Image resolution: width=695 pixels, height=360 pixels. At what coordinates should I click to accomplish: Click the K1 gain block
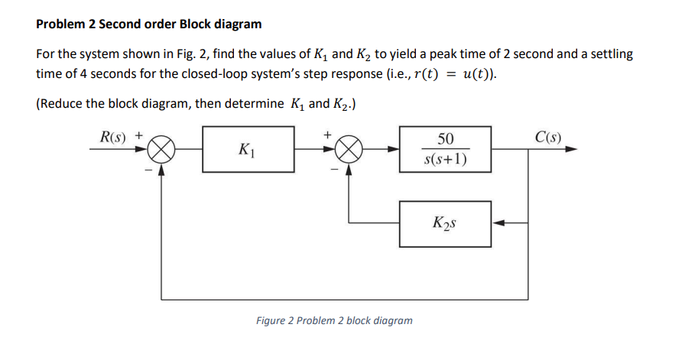[x=248, y=150]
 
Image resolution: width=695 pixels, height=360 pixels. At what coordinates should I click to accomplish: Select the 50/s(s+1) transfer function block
[x=444, y=150]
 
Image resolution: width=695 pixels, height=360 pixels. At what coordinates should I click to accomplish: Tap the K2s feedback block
[x=444, y=223]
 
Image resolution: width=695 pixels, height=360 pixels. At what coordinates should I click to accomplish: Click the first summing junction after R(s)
[x=161, y=150]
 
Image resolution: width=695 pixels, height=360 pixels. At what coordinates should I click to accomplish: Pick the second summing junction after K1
[x=349, y=150]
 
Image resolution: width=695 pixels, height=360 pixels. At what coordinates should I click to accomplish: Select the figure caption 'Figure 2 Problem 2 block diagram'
[x=334, y=320]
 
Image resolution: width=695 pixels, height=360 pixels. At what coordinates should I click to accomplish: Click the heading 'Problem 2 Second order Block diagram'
[x=149, y=24]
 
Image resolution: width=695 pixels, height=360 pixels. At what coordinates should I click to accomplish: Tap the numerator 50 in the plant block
[x=444, y=139]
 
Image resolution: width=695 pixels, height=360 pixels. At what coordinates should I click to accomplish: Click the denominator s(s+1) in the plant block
[x=444, y=160]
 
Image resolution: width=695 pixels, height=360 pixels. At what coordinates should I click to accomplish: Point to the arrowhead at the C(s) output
[x=570, y=150]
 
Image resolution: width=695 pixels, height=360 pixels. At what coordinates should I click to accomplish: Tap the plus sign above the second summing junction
[x=328, y=135]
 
